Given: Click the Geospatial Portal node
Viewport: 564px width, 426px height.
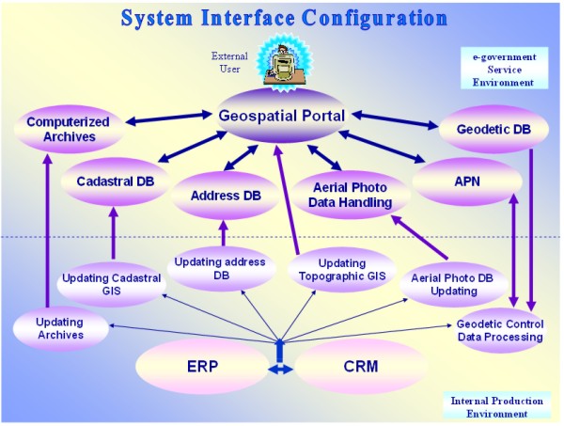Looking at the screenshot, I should point(282,117).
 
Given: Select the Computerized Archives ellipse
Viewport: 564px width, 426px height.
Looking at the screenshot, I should point(68,129).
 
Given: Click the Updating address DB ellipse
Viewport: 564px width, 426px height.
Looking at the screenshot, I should point(221,268).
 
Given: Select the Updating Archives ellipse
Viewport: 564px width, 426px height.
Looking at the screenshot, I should point(60,328).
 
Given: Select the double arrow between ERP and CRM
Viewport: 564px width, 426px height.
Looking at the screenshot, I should point(281,371).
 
